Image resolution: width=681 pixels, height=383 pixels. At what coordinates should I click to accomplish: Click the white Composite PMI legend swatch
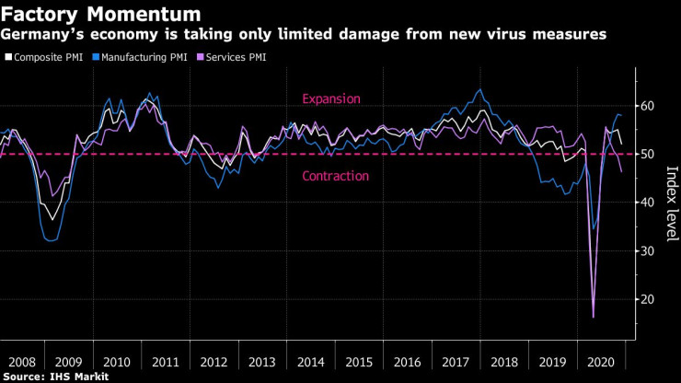click(x=7, y=57)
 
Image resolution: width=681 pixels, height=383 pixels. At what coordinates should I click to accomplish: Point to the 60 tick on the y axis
click(x=649, y=106)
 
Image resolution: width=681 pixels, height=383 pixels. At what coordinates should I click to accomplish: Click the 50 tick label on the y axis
click(x=649, y=154)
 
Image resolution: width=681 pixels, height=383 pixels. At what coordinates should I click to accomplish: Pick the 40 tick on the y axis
click(x=649, y=203)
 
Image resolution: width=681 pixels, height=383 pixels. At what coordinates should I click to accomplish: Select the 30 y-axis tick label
click(x=649, y=251)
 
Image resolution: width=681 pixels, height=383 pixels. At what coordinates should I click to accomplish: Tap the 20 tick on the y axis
click(x=649, y=299)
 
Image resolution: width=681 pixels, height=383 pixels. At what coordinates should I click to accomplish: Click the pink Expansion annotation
click(x=331, y=99)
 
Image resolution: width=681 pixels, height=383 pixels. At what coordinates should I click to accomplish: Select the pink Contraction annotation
click(x=335, y=176)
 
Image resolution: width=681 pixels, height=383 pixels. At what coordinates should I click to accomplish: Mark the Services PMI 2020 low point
click(x=593, y=318)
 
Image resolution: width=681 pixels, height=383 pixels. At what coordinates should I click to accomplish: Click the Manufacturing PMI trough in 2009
click(x=50, y=241)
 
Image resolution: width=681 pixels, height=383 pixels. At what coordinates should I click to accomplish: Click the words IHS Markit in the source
click(x=79, y=377)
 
